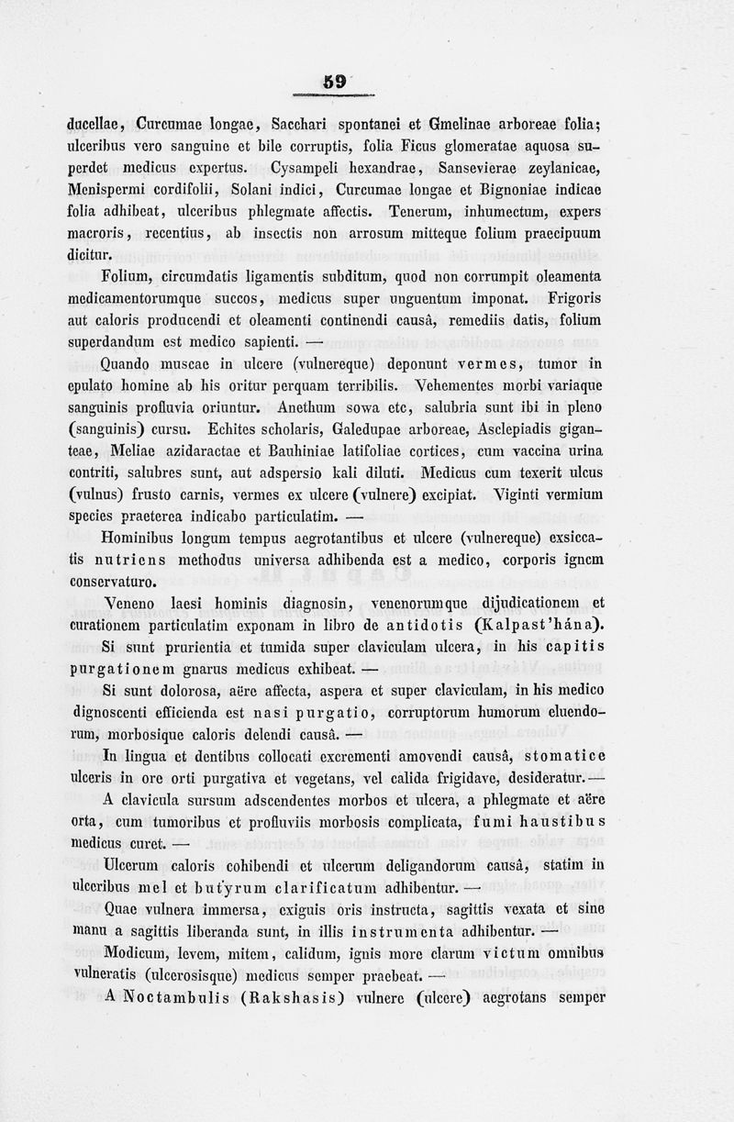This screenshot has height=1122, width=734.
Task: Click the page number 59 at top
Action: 336,83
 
